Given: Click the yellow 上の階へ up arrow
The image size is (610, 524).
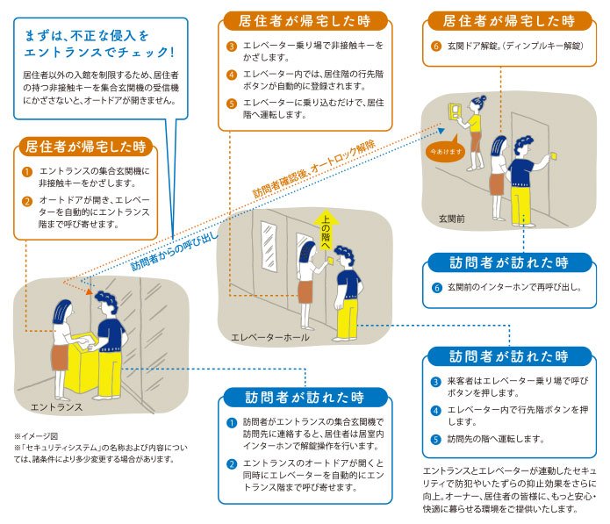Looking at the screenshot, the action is pos(326,230).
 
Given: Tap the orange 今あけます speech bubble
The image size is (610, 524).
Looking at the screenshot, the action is pos(446,150).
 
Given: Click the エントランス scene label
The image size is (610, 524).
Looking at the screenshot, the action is pos(57,407).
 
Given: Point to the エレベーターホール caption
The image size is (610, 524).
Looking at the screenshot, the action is pos(270,337).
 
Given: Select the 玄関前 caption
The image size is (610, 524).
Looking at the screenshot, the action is pos(452,219).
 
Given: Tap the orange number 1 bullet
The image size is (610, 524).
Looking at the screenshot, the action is pos(27,171).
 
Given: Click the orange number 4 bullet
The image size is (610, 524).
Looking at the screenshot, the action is pos(232,75).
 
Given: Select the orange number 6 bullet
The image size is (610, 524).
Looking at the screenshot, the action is pos(436,46).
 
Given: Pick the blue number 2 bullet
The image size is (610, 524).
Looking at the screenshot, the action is pos(232,464).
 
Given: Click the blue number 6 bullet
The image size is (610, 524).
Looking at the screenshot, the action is pos(436,288).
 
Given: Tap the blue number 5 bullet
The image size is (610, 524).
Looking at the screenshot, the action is pos(435,439).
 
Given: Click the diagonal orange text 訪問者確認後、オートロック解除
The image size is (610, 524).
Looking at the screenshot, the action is pos(314,168).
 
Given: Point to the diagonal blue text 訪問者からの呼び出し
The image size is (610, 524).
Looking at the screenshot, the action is pos(175,252).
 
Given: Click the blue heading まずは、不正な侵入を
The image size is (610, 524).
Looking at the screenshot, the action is pos(86,36).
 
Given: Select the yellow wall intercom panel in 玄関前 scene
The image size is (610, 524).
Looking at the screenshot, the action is pos(454,111).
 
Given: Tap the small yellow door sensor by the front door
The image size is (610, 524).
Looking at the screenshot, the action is pos(554,156).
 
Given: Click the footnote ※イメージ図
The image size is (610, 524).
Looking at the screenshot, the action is pos(36,436).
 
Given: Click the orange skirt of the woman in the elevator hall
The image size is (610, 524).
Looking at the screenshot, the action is pos(305,291).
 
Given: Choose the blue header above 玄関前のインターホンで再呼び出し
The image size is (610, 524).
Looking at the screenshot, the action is pos(509,263).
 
